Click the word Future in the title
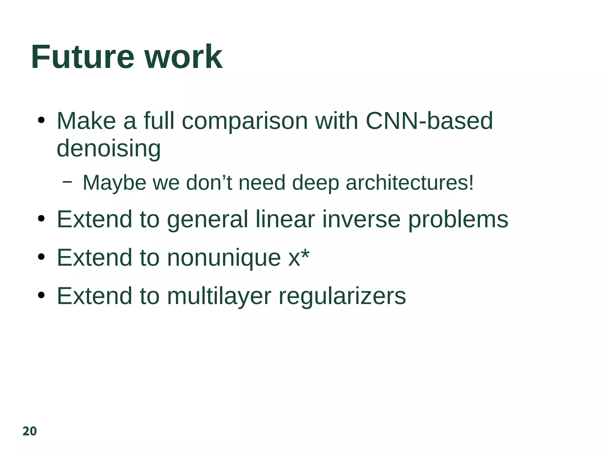83,57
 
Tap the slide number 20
30,431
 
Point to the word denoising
108,148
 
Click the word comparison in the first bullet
245,122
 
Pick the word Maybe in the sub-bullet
114,183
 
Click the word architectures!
410,183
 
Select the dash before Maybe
68,182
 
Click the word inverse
361,220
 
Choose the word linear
285,220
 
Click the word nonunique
224,258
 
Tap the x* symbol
299,258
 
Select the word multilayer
219,296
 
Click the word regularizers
342,296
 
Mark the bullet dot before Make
41,121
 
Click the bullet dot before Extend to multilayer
41,295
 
